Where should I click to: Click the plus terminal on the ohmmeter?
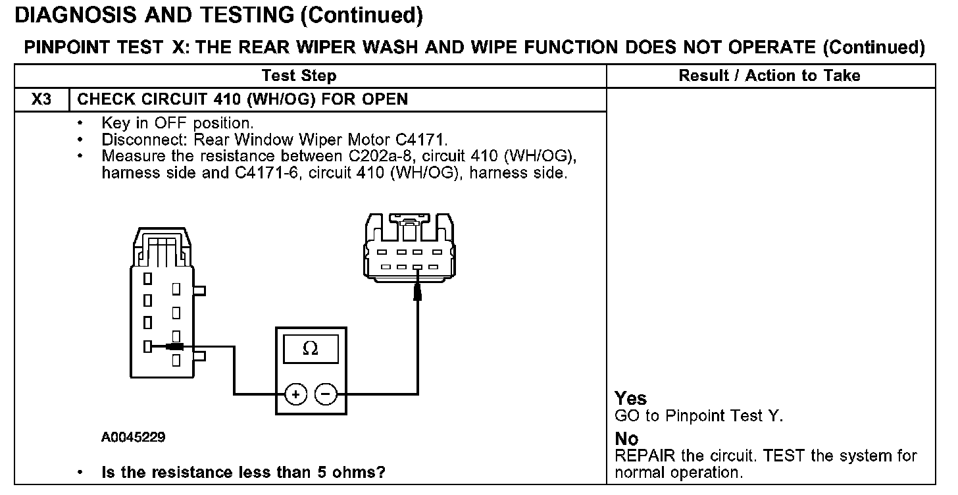(x=295, y=394)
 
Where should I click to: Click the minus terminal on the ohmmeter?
(x=326, y=394)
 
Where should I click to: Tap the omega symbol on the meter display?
(x=311, y=349)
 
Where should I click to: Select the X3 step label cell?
(x=41, y=99)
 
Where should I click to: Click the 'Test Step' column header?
(x=299, y=76)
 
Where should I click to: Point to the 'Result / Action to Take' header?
(x=769, y=76)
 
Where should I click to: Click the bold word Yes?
(x=630, y=398)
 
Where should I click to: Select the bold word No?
(x=626, y=438)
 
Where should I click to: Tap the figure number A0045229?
(x=133, y=436)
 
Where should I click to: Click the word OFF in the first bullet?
(x=171, y=123)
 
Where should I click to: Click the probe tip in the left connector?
(x=174, y=346)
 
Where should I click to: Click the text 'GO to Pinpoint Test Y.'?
(x=698, y=416)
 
